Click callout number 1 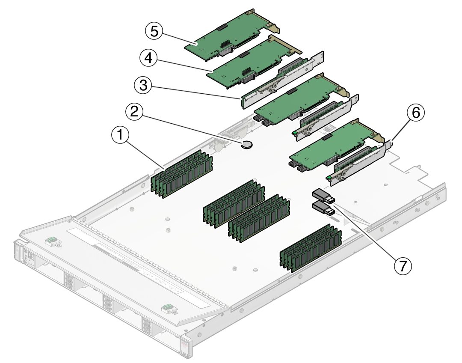pos(120,135)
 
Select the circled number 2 pos(134,112)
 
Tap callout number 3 pos(143,86)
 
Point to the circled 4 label pos(149,58)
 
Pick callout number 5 pos(154,31)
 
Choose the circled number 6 pos(416,112)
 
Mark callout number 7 pos(403,266)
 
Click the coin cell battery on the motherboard pos(247,145)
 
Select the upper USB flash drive pos(323,196)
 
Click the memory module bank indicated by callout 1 pos(181,174)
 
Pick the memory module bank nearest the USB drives pos(259,218)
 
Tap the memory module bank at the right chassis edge pos(311,248)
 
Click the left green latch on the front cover pos(52,241)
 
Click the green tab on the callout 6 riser pos(329,178)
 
